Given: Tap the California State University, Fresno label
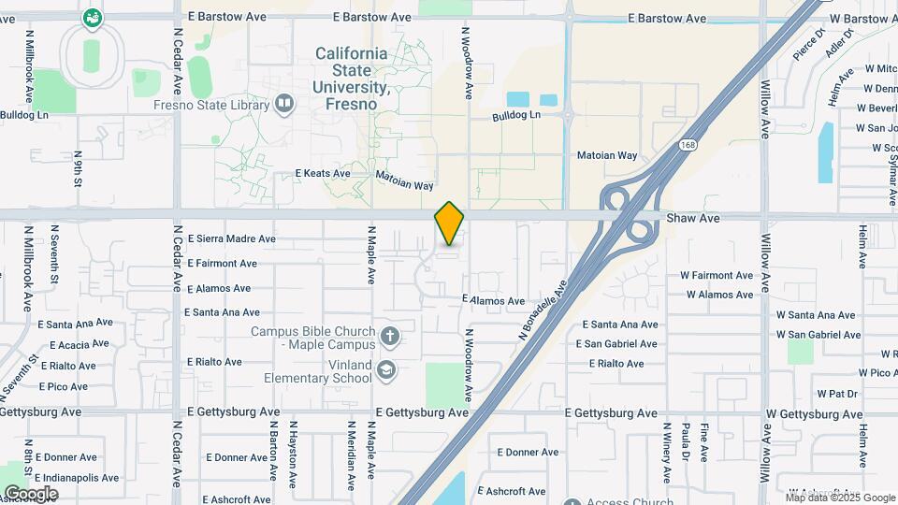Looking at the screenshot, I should [x=351, y=79].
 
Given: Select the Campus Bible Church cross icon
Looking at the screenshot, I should [x=389, y=335].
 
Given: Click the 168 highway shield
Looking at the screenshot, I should [x=688, y=144].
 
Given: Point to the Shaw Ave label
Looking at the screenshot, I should [x=693, y=218].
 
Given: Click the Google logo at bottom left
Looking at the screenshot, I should [x=31, y=493].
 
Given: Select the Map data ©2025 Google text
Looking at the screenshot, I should [x=840, y=497].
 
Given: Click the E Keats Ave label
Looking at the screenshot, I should [x=323, y=174].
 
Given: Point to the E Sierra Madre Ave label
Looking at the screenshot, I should [x=231, y=239].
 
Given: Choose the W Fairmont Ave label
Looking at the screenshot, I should [x=717, y=276].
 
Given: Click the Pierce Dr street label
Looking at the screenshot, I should [x=809, y=44].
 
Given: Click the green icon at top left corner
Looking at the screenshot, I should [x=92, y=17].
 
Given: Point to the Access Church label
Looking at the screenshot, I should [x=630, y=501].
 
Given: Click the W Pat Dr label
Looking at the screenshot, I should [x=837, y=394].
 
